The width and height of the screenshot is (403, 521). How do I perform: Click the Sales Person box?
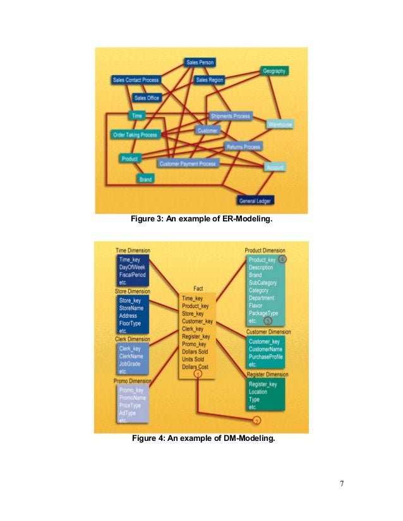click(x=200, y=62)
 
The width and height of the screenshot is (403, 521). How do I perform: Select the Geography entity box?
click(x=274, y=71)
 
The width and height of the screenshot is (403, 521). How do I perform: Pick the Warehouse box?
click(x=279, y=125)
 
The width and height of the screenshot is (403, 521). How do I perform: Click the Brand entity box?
click(x=145, y=179)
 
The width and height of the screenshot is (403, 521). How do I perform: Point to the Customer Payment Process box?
click(x=187, y=163)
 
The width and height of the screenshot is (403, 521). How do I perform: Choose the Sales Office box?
click(x=147, y=98)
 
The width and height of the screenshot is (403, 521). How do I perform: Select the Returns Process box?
click(x=243, y=147)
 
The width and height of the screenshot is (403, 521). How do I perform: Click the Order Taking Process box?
click(x=135, y=135)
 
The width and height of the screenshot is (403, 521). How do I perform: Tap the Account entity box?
click(x=275, y=167)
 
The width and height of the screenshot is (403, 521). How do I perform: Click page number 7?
click(x=341, y=484)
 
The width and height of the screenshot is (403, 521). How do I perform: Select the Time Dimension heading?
click(x=132, y=250)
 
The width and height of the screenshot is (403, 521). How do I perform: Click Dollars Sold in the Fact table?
click(x=195, y=352)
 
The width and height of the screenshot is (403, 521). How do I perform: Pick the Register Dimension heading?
click(x=268, y=374)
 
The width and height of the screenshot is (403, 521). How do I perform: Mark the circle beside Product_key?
click(x=282, y=259)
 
